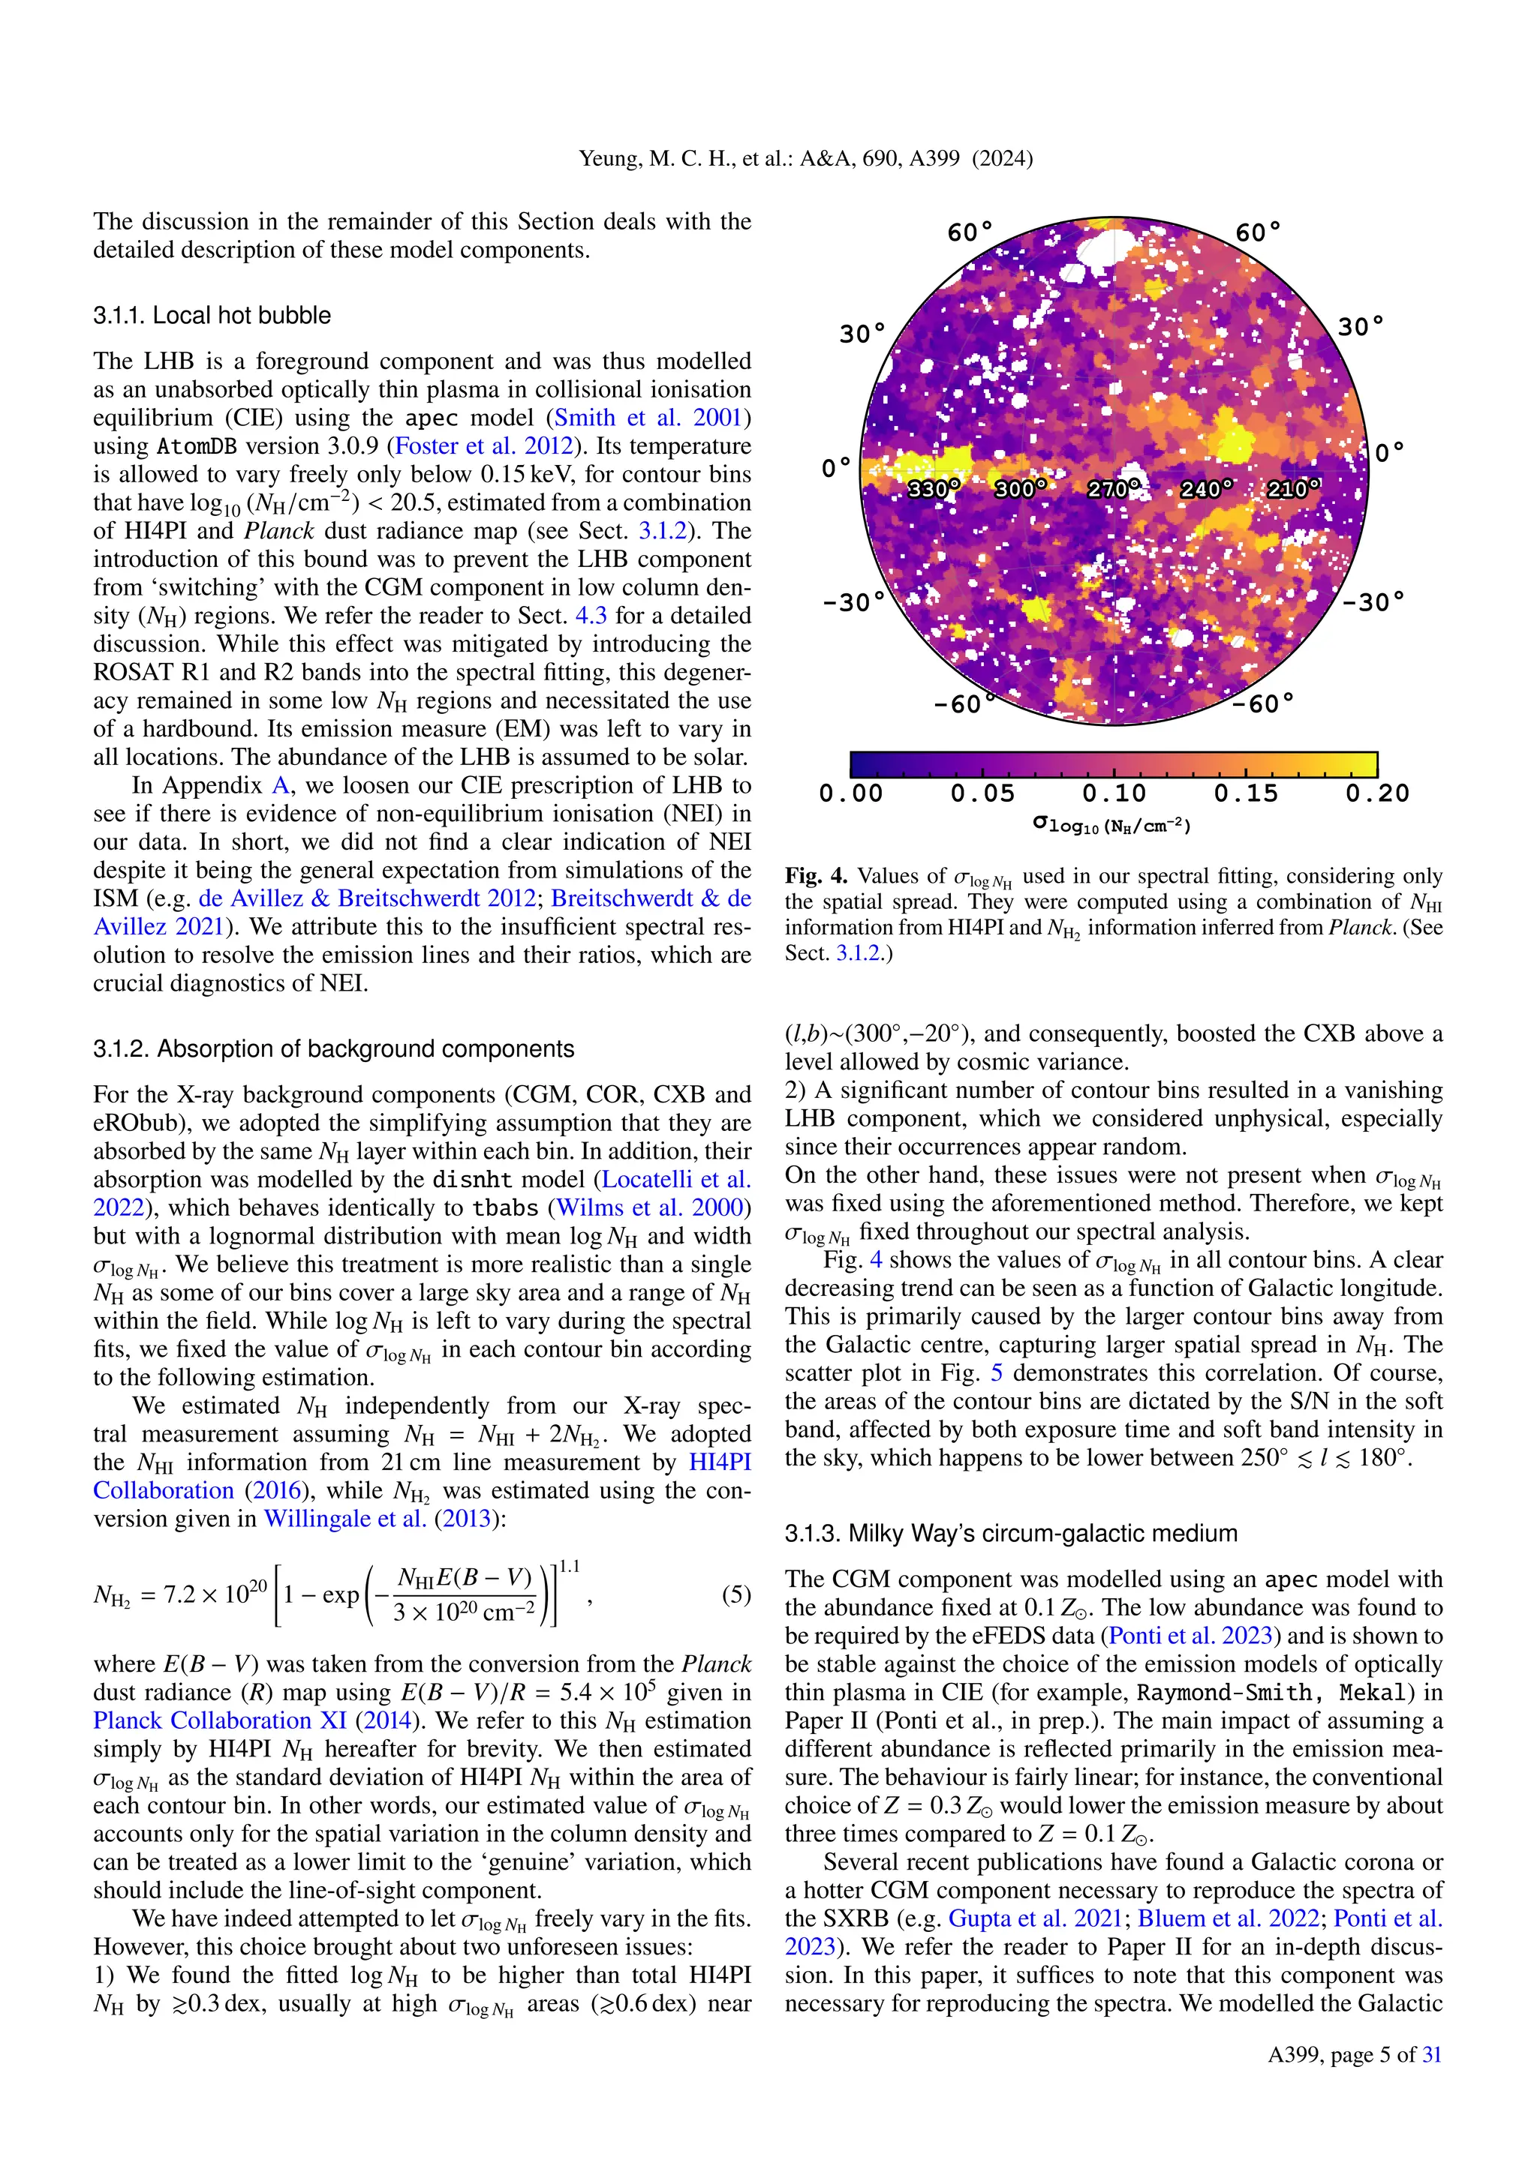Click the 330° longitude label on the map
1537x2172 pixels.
933,489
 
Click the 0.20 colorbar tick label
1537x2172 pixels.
1377,793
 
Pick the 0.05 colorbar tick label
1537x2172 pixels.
982,793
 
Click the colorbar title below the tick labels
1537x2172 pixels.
1113,826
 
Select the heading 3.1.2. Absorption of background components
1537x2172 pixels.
333,1049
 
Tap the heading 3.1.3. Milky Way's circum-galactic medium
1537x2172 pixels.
1011,1534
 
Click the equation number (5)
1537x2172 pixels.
736,1595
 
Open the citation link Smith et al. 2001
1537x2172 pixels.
652,418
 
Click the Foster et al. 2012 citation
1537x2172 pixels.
483,446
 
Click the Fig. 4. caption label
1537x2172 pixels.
816,877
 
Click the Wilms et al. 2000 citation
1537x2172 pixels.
653,1208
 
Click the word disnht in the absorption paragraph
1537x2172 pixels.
471,1180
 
